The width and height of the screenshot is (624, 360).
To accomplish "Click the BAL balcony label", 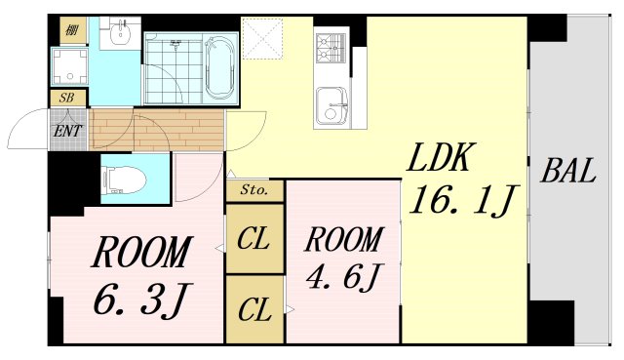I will tap(568, 174).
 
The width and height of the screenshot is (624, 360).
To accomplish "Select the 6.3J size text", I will tap(140, 296).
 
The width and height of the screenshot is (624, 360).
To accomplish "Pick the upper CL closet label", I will tap(254, 237).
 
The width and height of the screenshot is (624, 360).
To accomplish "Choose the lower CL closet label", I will tap(254, 311).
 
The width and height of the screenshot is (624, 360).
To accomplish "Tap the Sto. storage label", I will tap(254, 191).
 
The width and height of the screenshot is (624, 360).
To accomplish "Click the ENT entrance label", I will tap(67, 130).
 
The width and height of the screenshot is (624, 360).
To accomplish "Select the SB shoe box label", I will tap(67, 99).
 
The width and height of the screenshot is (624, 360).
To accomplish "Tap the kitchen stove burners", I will tap(331, 46).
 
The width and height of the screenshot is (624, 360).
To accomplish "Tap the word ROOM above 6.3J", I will tap(140, 254).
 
